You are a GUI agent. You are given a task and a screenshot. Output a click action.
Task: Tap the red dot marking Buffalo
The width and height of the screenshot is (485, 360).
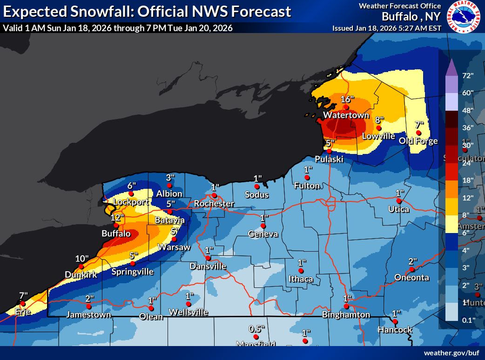[116, 225]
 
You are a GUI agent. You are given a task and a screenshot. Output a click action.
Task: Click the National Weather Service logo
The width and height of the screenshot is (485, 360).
[464, 17]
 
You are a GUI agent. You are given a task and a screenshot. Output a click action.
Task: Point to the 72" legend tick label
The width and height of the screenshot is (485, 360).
[467, 75]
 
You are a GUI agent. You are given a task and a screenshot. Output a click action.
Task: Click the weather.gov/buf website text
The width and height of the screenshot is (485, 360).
[451, 353]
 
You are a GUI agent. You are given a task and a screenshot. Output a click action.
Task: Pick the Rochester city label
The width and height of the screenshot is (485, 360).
[214, 204]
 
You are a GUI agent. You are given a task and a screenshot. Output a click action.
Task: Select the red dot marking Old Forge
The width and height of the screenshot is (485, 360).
[418, 133]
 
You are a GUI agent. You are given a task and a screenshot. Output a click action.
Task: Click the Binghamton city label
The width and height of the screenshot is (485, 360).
[346, 315]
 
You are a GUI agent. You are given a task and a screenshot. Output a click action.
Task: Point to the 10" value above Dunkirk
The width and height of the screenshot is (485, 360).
[82, 259]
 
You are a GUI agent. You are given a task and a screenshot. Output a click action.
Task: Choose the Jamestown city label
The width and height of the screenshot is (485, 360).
[88, 315]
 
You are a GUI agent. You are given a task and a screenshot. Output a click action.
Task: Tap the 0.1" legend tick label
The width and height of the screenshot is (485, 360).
[467, 320]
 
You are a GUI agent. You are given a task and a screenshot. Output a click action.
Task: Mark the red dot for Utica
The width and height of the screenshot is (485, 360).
[399, 201]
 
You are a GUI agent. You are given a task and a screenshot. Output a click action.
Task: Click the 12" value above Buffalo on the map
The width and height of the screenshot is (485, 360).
[118, 217]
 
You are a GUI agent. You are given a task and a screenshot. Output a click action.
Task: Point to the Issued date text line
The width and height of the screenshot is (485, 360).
[386, 28]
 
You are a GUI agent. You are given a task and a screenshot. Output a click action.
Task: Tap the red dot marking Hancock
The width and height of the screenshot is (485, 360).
[395, 321]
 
